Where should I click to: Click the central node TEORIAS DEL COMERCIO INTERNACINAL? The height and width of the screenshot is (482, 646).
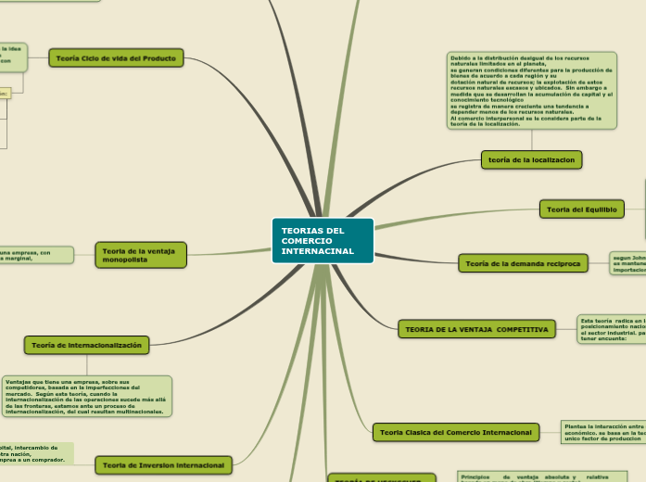pos(323,241)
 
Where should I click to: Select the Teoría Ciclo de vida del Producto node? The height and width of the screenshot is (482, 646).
pos(117,58)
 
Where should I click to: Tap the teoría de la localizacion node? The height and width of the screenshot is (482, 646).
pos(532,159)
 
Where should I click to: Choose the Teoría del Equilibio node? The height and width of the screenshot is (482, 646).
pos(582,209)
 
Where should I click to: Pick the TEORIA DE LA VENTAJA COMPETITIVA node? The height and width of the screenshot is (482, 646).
pos(475,329)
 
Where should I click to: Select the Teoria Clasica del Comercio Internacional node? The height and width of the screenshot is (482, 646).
pos(456,432)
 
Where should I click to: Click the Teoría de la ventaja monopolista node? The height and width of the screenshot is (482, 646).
pos(141,255)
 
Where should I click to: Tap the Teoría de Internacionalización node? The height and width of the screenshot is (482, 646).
pos(86,345)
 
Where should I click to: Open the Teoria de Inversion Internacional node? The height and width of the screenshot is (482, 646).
pos(164,464)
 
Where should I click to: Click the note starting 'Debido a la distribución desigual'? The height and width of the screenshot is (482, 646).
pos(531,90)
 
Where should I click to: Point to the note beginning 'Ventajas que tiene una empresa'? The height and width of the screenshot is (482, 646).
pos(87,396)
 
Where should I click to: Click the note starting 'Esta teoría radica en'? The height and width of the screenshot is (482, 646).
pos(610,329)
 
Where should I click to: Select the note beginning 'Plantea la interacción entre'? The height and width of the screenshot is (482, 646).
pos(602,432)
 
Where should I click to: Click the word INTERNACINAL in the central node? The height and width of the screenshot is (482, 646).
pos(318,251)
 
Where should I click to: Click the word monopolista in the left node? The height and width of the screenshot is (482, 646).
pos(125,260)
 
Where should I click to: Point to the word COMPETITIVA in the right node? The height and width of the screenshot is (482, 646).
pos(522,329)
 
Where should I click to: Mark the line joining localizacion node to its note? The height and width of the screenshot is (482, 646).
pos(532,139)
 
